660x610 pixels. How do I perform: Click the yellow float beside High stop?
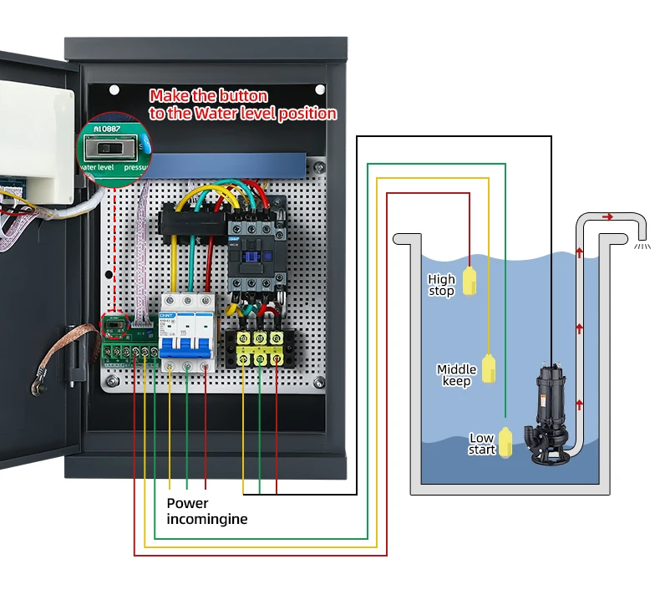coord(470,281)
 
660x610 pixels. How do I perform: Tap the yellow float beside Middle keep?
coord(493,367)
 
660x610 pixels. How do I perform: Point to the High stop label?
coord(441,285)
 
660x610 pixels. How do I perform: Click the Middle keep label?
coord(456,375)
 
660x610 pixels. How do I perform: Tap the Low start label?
coord(482,444)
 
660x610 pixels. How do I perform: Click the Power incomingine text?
coord(206,511)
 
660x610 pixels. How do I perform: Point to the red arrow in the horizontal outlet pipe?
coord(607,216)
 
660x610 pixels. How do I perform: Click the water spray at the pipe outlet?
coord(642,247)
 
